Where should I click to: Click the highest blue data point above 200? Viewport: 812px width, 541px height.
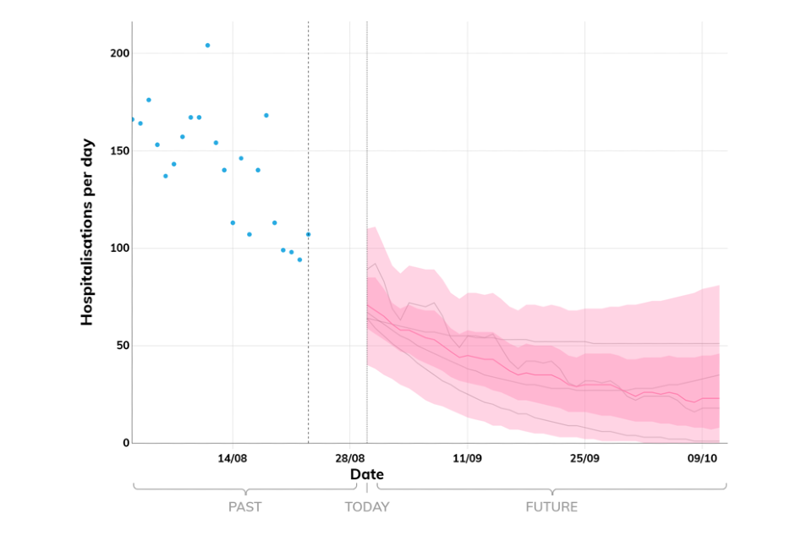coord(207,45)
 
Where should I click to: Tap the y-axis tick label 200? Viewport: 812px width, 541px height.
coord(118,53)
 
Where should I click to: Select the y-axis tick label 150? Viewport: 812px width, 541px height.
coord(118,150)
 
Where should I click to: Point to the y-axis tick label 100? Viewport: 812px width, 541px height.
coord(118,249)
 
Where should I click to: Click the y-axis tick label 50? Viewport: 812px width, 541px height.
coord(122,346)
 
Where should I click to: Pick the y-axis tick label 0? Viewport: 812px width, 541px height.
coord(126,443)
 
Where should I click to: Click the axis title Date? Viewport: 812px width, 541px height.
coord(367,474)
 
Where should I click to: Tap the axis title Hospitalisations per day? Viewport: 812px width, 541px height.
coord(86,232)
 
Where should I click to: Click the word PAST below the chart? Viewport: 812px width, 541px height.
coord(245,507)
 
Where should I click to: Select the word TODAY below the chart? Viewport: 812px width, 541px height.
coord(367,507)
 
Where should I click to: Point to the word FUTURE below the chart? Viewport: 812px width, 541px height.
coord(551,507)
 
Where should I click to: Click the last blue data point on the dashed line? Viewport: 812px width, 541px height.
coord(308,234)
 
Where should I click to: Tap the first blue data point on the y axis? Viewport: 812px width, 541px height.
coord(132,119)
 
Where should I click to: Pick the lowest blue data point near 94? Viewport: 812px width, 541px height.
coord(299,260)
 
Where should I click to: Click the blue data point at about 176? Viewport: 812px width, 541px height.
coord(149,100)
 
